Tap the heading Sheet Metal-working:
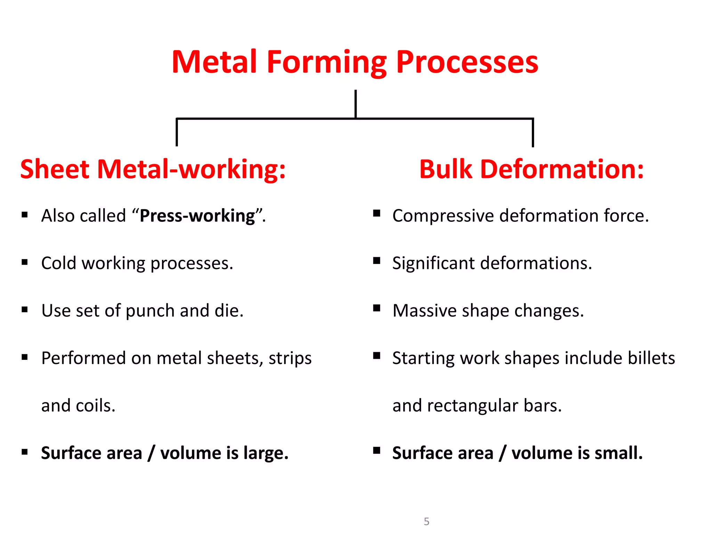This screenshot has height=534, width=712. tap(153, 169)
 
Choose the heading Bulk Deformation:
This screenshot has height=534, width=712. tap(531, 169)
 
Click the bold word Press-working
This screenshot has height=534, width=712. tap(197, 216)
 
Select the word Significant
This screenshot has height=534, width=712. tap(433, 263)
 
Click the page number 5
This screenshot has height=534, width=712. tap(427, 521)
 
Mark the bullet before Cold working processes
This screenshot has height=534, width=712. tap(25, 262)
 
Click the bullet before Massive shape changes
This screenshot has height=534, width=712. tap(377, 308)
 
